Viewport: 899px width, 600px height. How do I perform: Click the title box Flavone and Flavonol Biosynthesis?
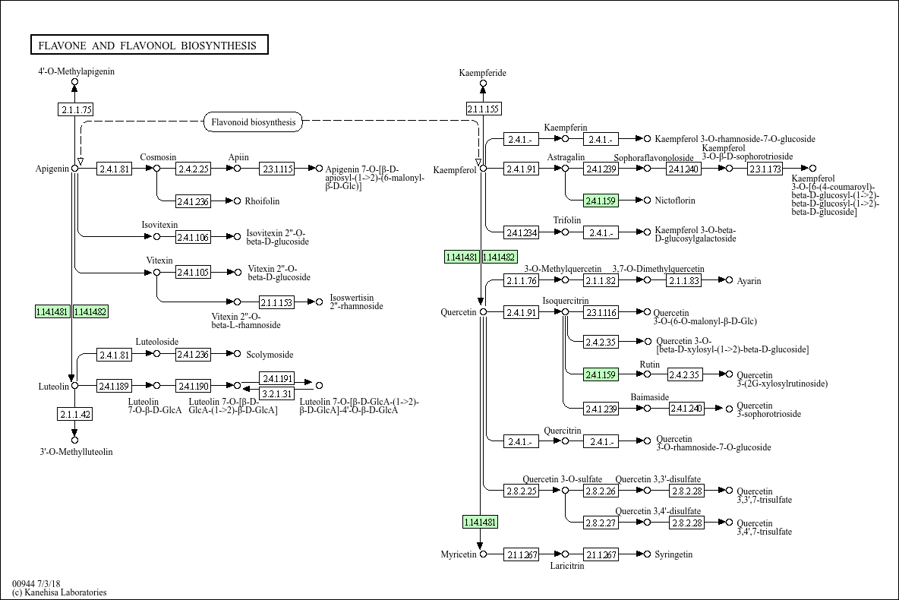pyautogui.click(x=149, y=46)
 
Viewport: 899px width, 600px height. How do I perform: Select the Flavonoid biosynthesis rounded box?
pyautogui.click(x=254, y=122)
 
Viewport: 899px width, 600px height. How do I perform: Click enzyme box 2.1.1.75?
pyautogui.click(x=75, y=109)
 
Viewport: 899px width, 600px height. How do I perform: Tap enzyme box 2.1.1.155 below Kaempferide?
pyautogui.click(x=483, y=109)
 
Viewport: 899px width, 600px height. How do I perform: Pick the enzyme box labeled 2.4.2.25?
pyautogui.click(x=193, y=169)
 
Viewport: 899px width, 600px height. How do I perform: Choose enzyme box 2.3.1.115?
pyautogui.click(x=276, y=169)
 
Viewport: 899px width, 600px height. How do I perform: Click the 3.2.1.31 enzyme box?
pyautogui.click(x=276, y=393)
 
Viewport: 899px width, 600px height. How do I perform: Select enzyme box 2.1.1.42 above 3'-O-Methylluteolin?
pyautogui.click(x=75, y=414)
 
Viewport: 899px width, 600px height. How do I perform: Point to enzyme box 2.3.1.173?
pyautogui.click(x=765, y=169)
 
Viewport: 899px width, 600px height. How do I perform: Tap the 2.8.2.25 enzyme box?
pyautogui.click(x=521, y=491)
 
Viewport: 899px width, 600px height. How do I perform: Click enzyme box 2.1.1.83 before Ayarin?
pyautogui.click(x=684, y=281)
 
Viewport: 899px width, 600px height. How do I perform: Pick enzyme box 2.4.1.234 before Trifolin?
pyautogui.click(x=521, y=232)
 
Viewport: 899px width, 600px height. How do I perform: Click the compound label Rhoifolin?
pyautogui.click(x=262, y=201)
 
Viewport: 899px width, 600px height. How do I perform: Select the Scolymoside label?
pyautogui.click(x=270, y=355)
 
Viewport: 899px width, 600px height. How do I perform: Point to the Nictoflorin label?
pyautogui.click(x=675, y=201)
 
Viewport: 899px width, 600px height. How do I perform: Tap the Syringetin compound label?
pyautogui.click(x=673, y=554)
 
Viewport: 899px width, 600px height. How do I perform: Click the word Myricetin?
pyautogui.click(x=459, y=554)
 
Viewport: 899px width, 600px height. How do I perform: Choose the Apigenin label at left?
pyautogui.click(x=52, y=169)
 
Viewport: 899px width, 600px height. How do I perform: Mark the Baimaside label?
pyautogui.click(x=649, y=397)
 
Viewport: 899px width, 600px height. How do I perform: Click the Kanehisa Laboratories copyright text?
pyautogui.click(x=59, y=592)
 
